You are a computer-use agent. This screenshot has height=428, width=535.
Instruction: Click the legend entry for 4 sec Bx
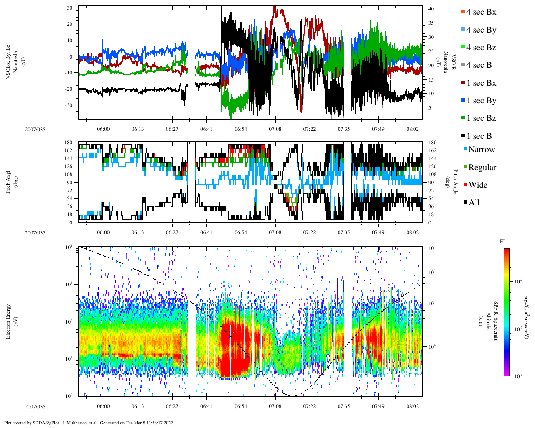(x=481, y=12)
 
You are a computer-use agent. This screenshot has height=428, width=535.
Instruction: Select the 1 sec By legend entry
(x=481, y=101)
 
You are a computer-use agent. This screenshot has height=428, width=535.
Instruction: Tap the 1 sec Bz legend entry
(x=481, y=118)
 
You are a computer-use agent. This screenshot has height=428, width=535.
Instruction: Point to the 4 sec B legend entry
(x=479, y=65)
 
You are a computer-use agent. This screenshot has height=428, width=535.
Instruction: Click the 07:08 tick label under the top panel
(x=275, y=129)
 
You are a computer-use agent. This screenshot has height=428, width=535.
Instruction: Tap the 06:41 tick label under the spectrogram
(x=206, y=406)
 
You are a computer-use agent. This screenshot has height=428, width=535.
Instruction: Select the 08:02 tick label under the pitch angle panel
(x=413, y=232)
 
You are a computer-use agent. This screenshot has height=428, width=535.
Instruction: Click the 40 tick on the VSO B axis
(x=431, y=9)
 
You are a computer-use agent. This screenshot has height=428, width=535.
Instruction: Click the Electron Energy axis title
(x=8, y=321)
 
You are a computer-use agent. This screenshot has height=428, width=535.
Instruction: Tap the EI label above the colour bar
(x=502, y=242)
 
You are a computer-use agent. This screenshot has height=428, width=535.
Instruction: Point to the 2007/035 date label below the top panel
(x=35, y=130)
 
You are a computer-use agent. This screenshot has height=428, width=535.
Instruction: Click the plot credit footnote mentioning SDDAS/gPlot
(x=89, y=423)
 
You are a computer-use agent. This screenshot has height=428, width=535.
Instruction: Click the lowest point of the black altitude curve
(x=292, y=395)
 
